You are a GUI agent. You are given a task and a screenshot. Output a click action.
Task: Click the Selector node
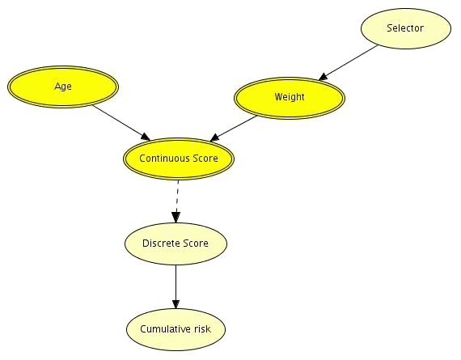[x=406, y=28]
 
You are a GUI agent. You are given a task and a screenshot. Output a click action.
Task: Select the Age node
[x=63, y=87]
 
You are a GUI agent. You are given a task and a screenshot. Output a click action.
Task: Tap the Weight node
[x=290, y=98]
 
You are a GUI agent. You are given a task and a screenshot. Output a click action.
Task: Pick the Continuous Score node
[x=179, y=159]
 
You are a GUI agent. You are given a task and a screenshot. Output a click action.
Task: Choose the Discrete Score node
[x=176, y=244]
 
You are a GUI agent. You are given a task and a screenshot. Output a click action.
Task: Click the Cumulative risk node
[x=176, y=329]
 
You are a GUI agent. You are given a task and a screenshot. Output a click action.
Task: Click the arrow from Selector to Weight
[x=348, y=62]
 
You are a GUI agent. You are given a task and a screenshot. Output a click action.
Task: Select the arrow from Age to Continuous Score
[x=121, y=122]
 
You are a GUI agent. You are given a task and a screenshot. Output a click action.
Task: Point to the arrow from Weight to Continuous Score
[x=234, y=129]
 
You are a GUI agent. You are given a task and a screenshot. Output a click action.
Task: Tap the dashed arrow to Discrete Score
[x=176, y=201]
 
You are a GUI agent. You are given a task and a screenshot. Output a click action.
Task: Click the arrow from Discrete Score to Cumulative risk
[x=176, y=286]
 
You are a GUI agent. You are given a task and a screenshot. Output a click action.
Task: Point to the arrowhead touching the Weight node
[x=324, y=77]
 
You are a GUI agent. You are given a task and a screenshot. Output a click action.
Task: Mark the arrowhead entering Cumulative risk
[x=176, y=304]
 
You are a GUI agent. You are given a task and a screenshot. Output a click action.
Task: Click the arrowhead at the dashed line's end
[x=176, y=218]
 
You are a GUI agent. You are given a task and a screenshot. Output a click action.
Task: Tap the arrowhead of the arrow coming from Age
[x=146, y=137]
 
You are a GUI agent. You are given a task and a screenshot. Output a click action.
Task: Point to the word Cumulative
[x=166, y=328]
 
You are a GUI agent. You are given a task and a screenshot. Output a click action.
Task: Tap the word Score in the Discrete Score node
[x=196, y=244]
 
